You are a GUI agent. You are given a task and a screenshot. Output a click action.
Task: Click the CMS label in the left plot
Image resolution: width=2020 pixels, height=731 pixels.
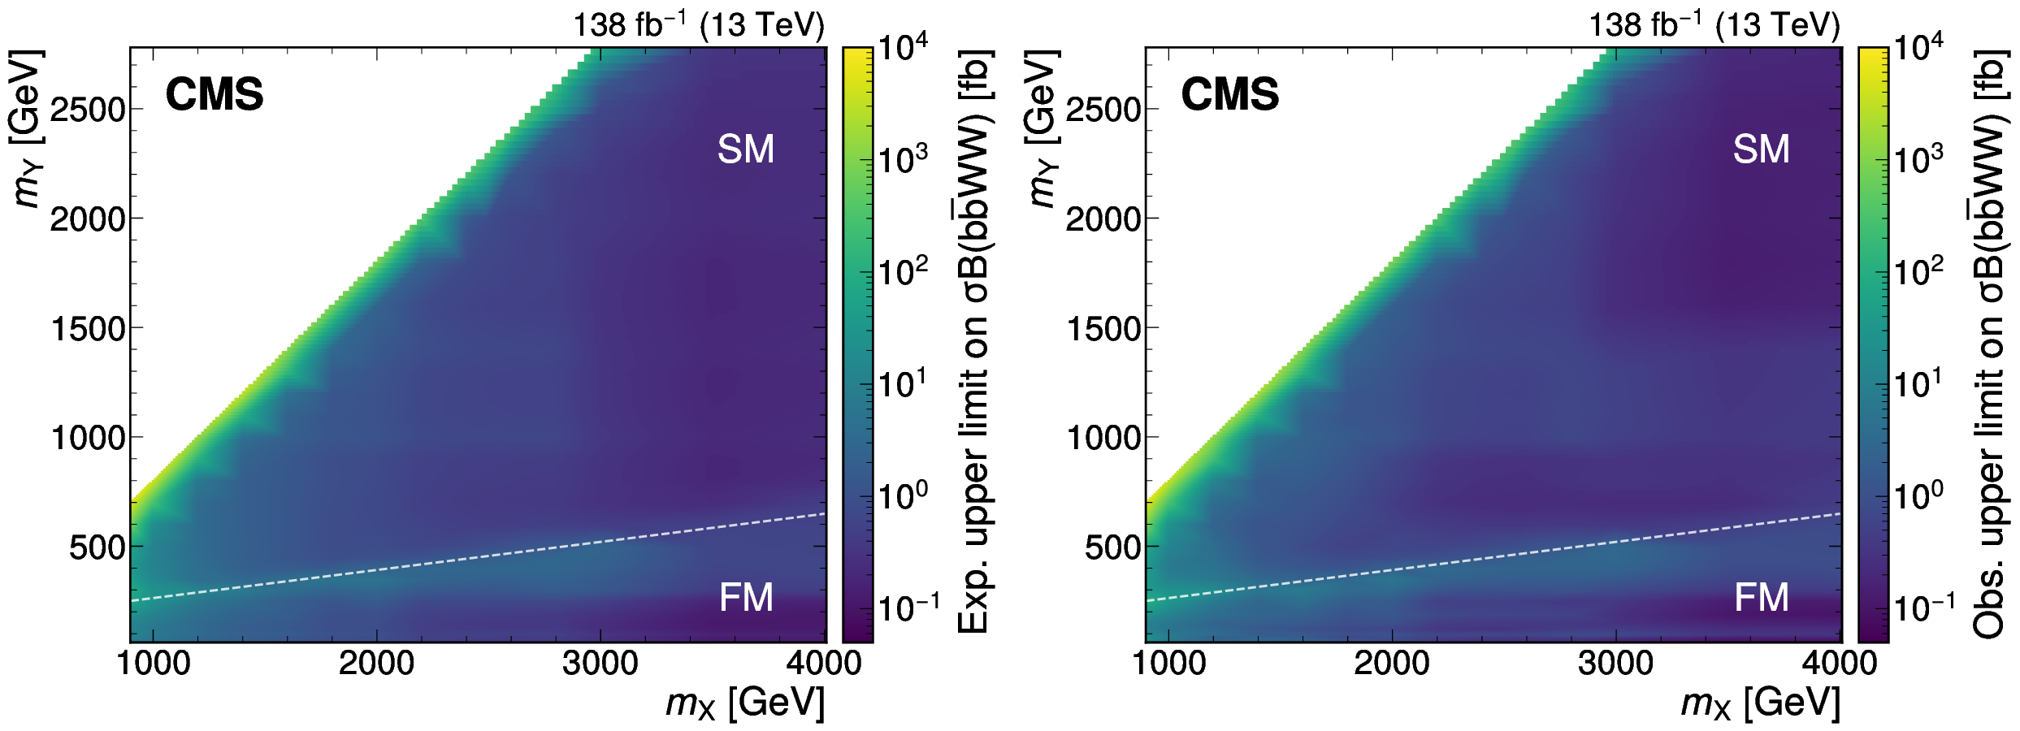(x=215, y=95)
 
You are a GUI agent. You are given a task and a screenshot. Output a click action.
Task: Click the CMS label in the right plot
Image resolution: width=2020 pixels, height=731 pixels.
(x=1229, y=95)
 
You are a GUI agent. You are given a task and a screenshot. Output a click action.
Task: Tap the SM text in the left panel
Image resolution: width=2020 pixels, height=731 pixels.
(x=745, y=149)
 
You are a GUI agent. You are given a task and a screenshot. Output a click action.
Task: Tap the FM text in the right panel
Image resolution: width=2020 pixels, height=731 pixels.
(x=1761, y=598)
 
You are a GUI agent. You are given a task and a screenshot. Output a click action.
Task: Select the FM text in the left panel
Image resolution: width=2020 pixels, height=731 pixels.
(x=745, y=598)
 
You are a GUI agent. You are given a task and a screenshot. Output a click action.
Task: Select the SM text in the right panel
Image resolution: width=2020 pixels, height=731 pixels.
(x=1761, y=149)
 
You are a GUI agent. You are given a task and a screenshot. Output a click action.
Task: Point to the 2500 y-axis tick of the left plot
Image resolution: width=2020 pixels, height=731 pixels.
(x=88, y=109)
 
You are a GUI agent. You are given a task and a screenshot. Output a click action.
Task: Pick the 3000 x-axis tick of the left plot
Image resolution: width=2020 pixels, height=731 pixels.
(x=600, y=664)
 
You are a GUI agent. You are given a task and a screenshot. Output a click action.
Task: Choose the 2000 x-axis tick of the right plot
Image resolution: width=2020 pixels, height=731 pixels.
(x=1391, y=664)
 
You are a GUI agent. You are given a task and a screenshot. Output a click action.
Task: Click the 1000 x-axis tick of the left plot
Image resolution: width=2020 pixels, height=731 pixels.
(x=154, y=664)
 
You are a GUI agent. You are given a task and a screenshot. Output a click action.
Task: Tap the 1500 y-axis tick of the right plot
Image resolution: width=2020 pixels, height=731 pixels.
(x=1103, y=329)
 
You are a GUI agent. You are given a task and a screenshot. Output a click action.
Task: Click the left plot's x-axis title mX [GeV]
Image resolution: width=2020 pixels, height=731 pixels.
(x=744, y=703)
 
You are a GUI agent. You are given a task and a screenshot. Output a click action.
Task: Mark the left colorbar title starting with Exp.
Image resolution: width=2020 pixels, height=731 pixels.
(x=975, y=341)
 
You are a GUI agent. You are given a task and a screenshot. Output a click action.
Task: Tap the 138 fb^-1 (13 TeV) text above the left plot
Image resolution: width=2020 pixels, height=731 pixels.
(x=699, y=25)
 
